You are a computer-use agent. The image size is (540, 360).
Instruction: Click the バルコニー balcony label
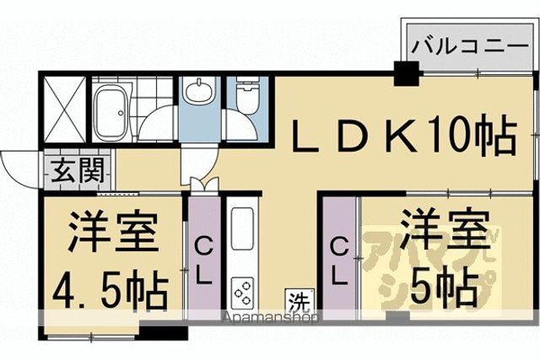click(470, 46)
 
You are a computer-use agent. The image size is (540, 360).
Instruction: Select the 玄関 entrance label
click(78, 171)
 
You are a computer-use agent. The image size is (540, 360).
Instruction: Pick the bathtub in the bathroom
click(111, 112)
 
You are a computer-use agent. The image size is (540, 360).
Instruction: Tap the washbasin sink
click(197, 90)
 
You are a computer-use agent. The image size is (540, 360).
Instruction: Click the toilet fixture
click(247, 95)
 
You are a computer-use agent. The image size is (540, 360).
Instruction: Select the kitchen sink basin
click(242, 228)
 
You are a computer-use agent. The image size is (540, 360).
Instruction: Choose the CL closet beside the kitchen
click(204, 257)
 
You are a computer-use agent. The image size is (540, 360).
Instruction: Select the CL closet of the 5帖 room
click(339, 257)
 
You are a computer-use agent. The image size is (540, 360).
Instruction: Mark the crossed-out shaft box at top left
click(65, 110)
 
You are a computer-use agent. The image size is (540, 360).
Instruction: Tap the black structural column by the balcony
click(407, 73)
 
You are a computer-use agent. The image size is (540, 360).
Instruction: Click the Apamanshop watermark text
click(270, 318)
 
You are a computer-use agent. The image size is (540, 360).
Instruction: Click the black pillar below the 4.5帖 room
click(163, 332)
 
